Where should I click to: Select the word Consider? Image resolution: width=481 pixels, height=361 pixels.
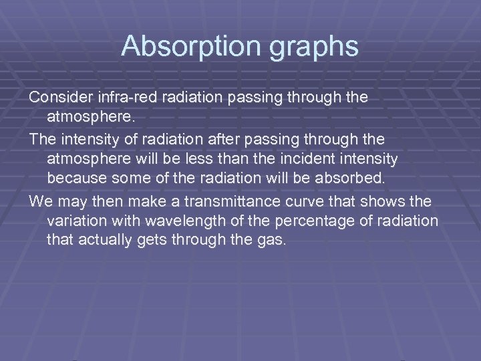(61, 98)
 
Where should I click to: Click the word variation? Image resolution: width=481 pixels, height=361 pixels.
(76, 221)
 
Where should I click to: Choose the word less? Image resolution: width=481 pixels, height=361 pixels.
(221, 160)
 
